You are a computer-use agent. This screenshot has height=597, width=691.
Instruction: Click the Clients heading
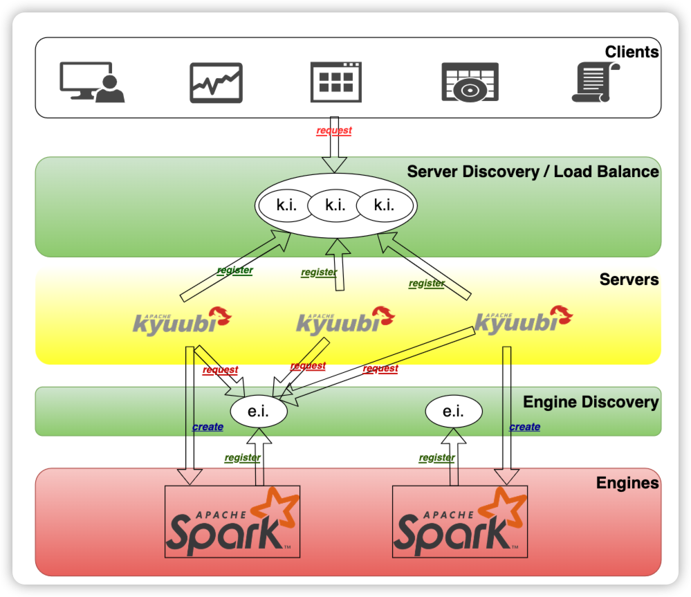click(632, 52)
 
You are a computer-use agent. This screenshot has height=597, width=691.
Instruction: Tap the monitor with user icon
click(92, 82)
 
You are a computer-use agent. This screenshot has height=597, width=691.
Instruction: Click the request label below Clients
click(334, 130)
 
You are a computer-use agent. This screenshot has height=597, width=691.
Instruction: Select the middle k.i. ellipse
click(335, 205)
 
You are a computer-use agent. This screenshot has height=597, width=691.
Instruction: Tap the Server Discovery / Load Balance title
click(533, 172)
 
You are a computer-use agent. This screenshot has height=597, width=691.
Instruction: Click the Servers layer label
click(629, 279)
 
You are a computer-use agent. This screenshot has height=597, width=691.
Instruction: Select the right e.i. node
click(453, 412)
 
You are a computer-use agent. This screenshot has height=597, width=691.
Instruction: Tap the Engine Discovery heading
click(591, 402)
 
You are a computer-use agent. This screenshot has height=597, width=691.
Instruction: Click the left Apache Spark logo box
click(232, 521)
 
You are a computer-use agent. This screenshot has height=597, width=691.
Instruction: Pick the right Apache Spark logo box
click(459, 521)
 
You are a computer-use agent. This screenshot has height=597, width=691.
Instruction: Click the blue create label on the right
click(524, 427)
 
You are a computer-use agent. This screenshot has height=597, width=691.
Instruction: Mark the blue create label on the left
click(208, 427)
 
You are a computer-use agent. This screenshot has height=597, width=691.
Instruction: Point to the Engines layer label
click(627, 482)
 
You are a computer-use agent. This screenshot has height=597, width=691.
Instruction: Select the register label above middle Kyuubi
click(319, 273)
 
